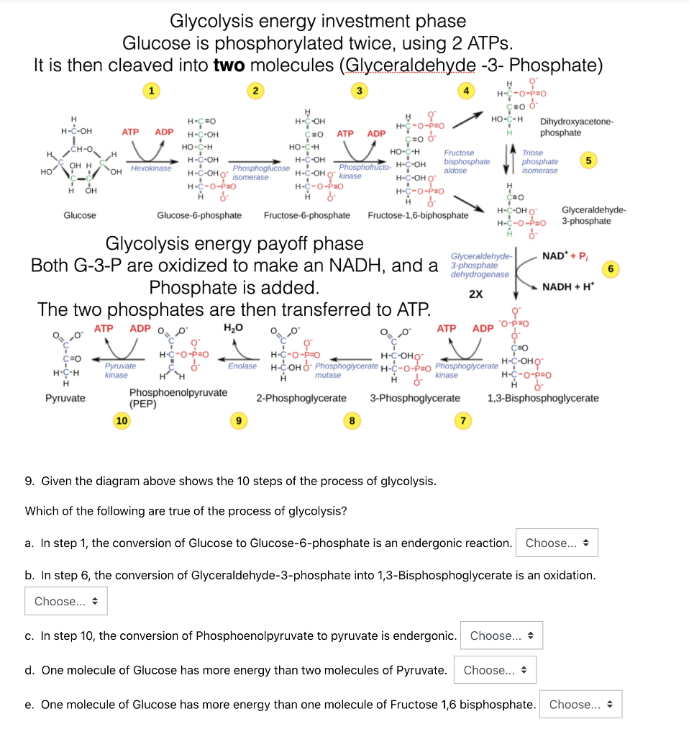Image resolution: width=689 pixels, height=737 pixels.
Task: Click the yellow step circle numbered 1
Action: (150, 91)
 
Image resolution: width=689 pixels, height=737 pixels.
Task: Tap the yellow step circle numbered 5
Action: (588, 160)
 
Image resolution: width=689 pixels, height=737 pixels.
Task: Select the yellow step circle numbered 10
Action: (122, 420)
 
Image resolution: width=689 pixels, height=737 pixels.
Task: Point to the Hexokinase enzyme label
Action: (151, 168)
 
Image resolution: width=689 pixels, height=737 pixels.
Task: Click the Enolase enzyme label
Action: (242, 366)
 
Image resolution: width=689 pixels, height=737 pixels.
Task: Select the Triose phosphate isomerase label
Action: (539, 162)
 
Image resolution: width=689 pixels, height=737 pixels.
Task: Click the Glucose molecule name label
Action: (80, 215)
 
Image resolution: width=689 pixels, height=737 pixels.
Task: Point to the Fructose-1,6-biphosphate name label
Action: (418, 215)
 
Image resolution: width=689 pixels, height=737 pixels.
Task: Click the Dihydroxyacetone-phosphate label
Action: (576, 127)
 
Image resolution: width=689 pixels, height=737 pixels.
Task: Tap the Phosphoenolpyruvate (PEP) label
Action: (178, 398)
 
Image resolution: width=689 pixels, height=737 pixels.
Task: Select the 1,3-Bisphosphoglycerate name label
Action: (542, 398)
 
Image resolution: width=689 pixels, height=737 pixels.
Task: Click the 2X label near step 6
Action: (475, 294)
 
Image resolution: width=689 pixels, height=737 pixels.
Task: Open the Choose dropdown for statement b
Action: (66, 601)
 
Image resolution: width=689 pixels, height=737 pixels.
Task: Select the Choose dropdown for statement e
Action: (580, 705)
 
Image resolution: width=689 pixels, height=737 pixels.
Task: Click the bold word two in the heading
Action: (229, 66)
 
